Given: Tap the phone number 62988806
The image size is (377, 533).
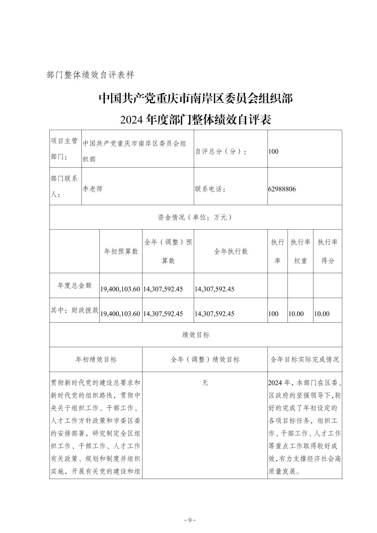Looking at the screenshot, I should [282, 189].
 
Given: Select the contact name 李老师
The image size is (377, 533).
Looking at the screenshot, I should [92, 189].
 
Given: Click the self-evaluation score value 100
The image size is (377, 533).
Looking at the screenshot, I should [273, 151].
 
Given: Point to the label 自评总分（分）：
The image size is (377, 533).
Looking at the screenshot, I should [221, 151].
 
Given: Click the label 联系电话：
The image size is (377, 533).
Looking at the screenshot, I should [210, 189].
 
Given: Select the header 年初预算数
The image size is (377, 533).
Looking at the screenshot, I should [121, 251].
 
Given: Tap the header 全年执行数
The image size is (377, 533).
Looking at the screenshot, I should [231, 251].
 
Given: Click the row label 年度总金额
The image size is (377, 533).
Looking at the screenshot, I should [74, 285].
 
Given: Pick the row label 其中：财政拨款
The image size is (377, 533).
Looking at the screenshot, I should [74, 310].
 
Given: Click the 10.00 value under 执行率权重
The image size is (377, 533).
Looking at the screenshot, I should [296, 314].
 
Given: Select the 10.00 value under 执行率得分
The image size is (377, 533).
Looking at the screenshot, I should [322, 314].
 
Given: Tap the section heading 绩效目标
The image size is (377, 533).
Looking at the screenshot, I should [196, 335].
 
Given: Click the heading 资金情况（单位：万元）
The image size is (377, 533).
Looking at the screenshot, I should [196, 217].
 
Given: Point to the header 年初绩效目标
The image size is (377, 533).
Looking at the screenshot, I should [96, 359].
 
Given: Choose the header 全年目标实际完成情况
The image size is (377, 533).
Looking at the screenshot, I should [305, 359].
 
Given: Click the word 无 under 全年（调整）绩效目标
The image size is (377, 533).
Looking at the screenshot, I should [205, 383].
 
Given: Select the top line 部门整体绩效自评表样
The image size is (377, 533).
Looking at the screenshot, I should [90, 75].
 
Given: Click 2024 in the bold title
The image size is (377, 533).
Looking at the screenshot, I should [131, 120].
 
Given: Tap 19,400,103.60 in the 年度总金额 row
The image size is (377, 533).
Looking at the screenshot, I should [120, 289].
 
